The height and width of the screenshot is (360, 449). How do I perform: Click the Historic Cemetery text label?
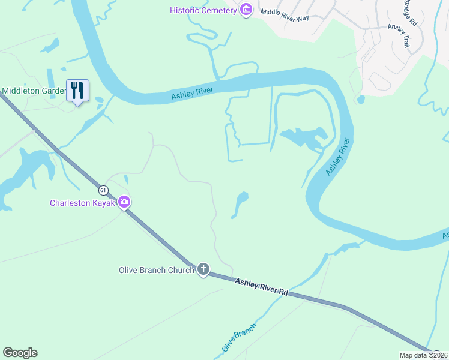[x=203, y=10]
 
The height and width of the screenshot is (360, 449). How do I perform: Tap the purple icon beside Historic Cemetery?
[x=245, y=10]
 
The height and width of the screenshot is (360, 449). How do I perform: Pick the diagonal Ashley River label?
[x=338, y=157]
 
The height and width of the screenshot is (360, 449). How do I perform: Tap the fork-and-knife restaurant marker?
[x=77, y=91]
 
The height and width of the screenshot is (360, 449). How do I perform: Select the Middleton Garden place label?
[x=34, y=91]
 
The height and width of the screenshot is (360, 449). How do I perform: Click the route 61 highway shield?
[x=104, y=190]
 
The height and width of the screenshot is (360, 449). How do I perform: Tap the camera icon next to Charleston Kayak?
[x=124, y=202]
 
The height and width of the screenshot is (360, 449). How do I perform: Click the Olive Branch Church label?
[x=156, y=270]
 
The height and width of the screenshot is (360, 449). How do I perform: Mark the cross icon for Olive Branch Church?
[x=203, y=269]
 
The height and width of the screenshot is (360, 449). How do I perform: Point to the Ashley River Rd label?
[x=262, y=286]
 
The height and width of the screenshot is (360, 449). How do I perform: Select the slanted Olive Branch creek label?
[x=239, y=337]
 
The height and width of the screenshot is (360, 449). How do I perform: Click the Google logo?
[x=20, y=353]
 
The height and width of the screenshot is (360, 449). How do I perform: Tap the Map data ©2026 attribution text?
[x=423, y=355]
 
